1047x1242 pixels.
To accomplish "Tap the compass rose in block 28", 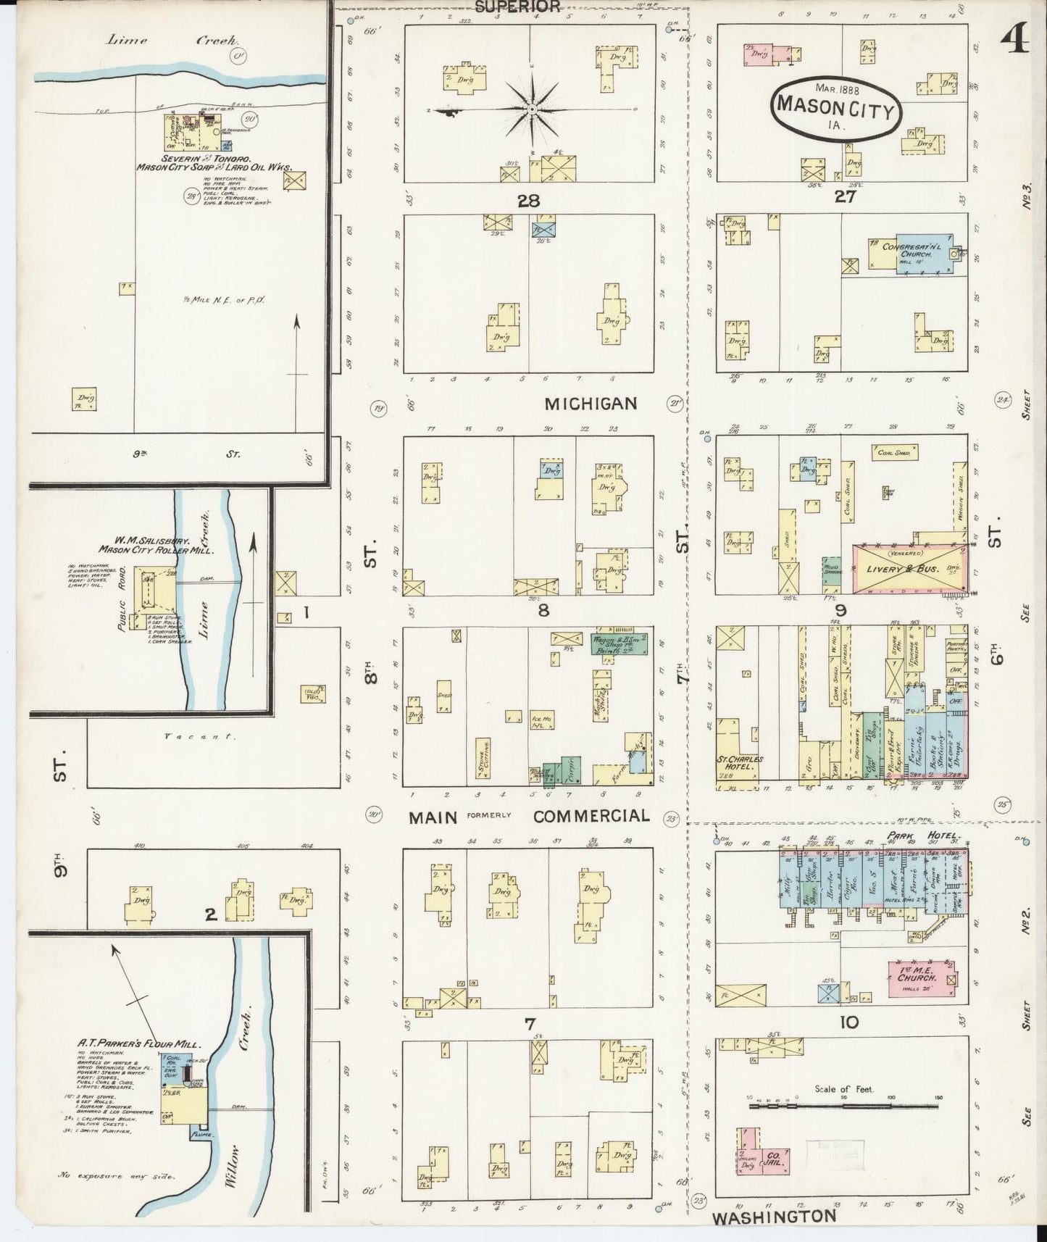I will click(532, 109).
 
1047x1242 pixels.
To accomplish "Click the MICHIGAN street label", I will click(591, 404).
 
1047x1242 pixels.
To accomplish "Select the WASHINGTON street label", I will click(775, 1217).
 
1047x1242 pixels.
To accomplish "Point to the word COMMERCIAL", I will click(591, 816).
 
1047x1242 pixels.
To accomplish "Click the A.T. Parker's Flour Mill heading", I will click(139, 1043).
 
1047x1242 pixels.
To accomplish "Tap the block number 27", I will click(845, 196).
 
